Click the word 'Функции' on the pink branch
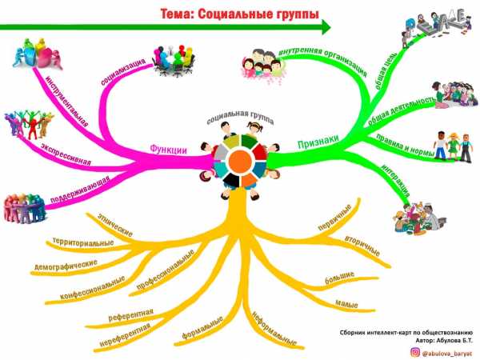click(168, 150)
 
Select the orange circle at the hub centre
click(240, 162)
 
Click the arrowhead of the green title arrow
click(326, 27)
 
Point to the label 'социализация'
click(123, 72)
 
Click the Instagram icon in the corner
click(414, 353)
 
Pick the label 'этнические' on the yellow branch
click(115, 225)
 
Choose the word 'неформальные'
click(274, 329)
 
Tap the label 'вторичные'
click(362, 246)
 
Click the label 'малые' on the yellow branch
click(347, 304)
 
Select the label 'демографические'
click(66, 266)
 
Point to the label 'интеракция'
click(396, 181)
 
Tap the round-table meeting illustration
click(174, 60)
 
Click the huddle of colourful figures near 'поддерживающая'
click(24, 208)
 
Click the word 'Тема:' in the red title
click(178, 14)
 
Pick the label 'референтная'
click(130, 315)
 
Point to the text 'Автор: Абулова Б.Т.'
click(444, 341)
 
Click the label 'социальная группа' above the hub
click(240, 118)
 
